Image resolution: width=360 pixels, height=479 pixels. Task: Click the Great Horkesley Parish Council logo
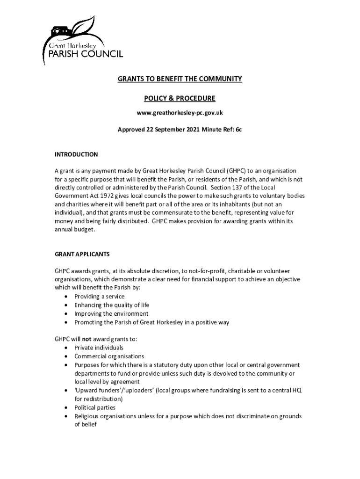[x=82, y=41]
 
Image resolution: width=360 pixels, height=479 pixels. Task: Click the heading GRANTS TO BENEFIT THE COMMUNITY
[x=180, y=79]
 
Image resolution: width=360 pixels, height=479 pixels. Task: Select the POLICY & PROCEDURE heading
[x=180, y=98]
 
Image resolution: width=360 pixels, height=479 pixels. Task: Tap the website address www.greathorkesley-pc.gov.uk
[x=180, y=113]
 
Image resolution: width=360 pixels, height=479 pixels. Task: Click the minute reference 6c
[x=238, y=130]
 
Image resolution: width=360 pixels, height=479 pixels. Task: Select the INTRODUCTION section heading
[x=76, y=154]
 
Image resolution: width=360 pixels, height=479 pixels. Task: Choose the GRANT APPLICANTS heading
[x=82, y=254]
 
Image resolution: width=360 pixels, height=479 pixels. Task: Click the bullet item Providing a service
[x=100, y=297]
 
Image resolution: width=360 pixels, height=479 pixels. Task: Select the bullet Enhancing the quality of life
[x=112, y=305]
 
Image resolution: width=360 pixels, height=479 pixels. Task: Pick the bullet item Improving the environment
[x=111, y=314]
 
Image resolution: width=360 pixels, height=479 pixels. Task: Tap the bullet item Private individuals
[x=99, y=348]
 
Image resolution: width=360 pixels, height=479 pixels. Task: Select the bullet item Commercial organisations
[x=109, y=356]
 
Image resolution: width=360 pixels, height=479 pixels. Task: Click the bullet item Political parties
[x=95, y=408]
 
